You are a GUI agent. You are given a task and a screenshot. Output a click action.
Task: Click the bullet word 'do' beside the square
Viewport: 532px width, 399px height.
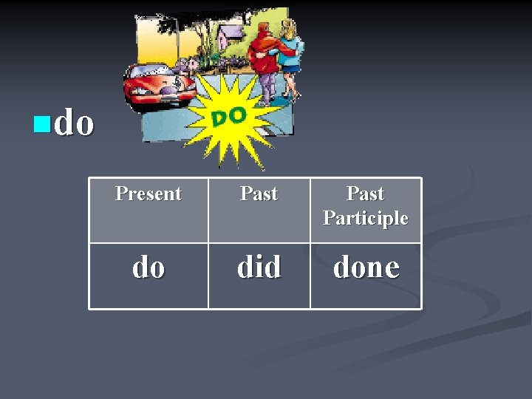coord(75,123)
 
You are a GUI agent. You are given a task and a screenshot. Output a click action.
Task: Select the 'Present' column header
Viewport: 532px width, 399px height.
coord(149,194)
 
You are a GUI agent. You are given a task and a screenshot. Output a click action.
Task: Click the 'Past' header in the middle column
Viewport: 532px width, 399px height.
coord(259,194)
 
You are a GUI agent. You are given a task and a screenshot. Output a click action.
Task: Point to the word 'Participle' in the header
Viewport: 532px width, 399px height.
coord(366,218)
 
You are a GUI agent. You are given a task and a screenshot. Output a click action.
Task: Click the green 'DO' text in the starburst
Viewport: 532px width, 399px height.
coord(228,117)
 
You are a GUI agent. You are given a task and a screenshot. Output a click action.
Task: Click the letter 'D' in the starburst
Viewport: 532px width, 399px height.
coord(219,119)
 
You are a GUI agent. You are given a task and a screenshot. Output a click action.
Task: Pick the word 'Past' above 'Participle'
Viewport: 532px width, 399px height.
coord(366,194)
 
